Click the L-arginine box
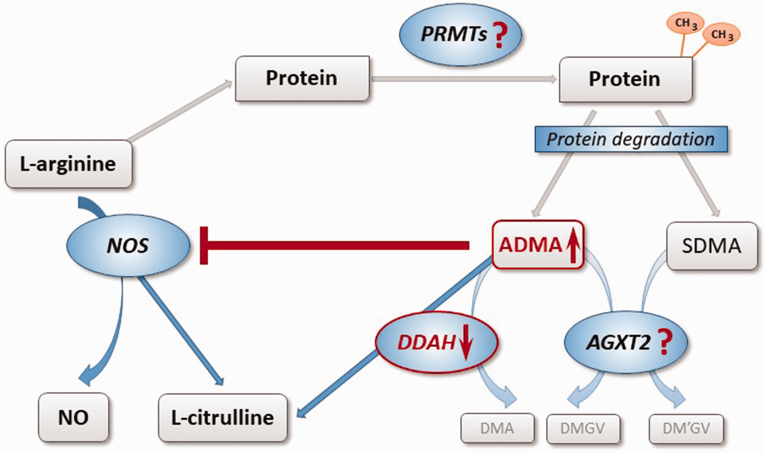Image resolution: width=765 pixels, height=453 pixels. click(69, 164)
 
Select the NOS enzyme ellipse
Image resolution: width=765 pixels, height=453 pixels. click(128, 246)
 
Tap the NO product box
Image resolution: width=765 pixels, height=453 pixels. click(73, 417)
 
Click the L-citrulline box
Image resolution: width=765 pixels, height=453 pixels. click(223, 417)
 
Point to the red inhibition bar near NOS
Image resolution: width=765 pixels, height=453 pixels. click(204, 246)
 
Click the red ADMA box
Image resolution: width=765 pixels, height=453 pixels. click(538, 244)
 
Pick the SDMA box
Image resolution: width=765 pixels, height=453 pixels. click(712, 246)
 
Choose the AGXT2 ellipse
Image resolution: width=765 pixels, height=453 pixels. click(626, 342)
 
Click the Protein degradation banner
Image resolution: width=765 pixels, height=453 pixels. click(631, 139)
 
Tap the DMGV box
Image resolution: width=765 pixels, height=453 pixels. click(583, 429)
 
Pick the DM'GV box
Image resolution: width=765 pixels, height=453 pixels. click(686, 429)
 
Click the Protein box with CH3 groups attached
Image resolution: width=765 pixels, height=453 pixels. click(625, 79)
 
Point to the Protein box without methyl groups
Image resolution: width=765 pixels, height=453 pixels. click(302, 78)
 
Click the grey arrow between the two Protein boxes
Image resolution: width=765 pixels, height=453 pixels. click(464, 79)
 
